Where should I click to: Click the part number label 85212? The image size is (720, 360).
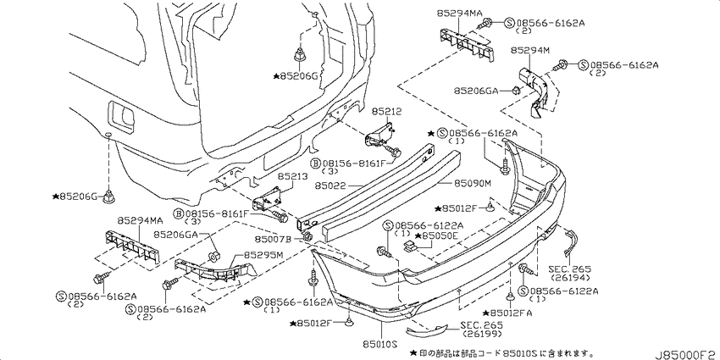386,111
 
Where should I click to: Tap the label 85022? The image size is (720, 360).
330,186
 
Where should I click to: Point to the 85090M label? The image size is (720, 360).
473,184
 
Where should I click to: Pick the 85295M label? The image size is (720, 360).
263,254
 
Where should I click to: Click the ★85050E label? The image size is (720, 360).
436,235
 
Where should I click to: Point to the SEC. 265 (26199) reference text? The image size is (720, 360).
482,330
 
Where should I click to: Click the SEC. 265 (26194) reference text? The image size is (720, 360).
569,274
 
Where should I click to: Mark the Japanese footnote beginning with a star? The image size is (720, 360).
500,352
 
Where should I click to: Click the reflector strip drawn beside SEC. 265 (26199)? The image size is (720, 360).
426,330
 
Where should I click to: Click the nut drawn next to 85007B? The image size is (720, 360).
308,237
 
